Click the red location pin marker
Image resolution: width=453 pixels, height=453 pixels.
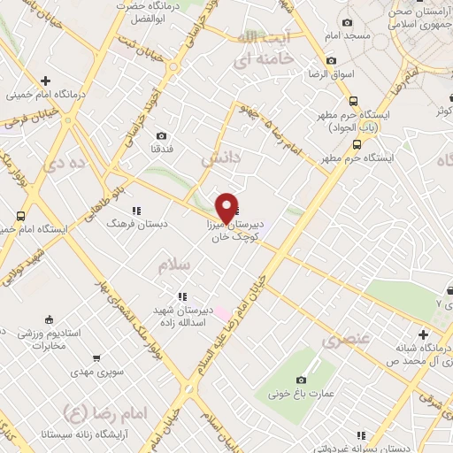pyautogui.click(x=226, y=207)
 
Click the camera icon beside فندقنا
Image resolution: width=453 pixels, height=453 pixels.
pyautogui.click(x=161, y=135)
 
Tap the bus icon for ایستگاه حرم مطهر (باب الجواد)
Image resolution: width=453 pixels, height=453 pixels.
pyautogui.click(x=355, y=101)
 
